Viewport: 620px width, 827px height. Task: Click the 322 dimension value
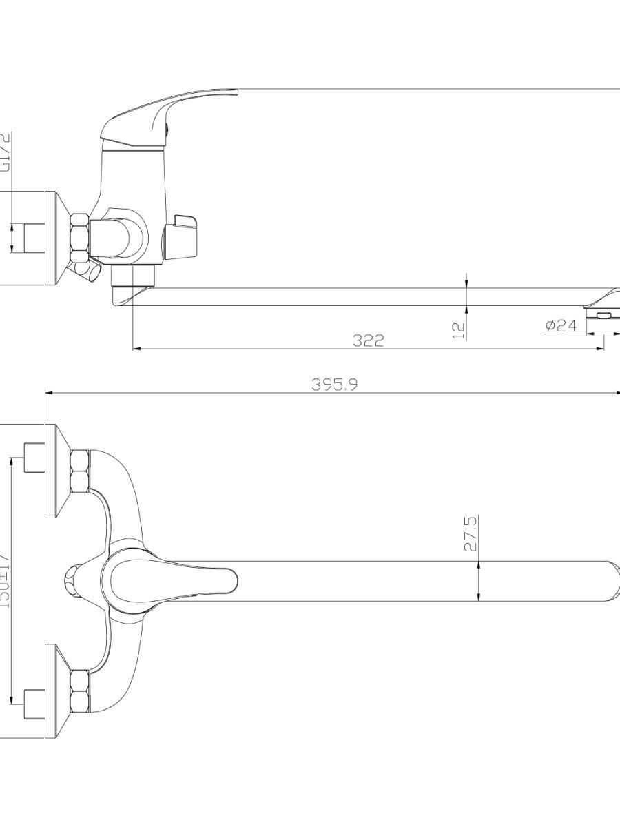coord(369,340)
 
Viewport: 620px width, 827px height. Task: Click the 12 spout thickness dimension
coord(459,329)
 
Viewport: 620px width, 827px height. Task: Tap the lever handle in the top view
coord(172,579)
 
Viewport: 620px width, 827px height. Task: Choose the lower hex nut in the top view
coord(80,691)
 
